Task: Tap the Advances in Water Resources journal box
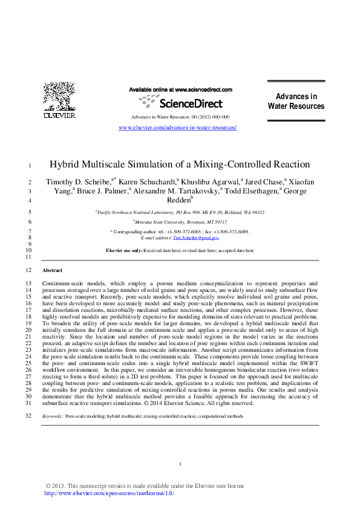[296, 102]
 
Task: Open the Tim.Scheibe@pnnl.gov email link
[196, 238]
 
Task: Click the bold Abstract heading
[52, 270]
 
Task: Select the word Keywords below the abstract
[51, 417]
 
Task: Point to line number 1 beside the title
[30, 165]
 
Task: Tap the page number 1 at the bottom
[180, 464]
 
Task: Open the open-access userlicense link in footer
[110, 493]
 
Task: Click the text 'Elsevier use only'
[123, 250]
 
